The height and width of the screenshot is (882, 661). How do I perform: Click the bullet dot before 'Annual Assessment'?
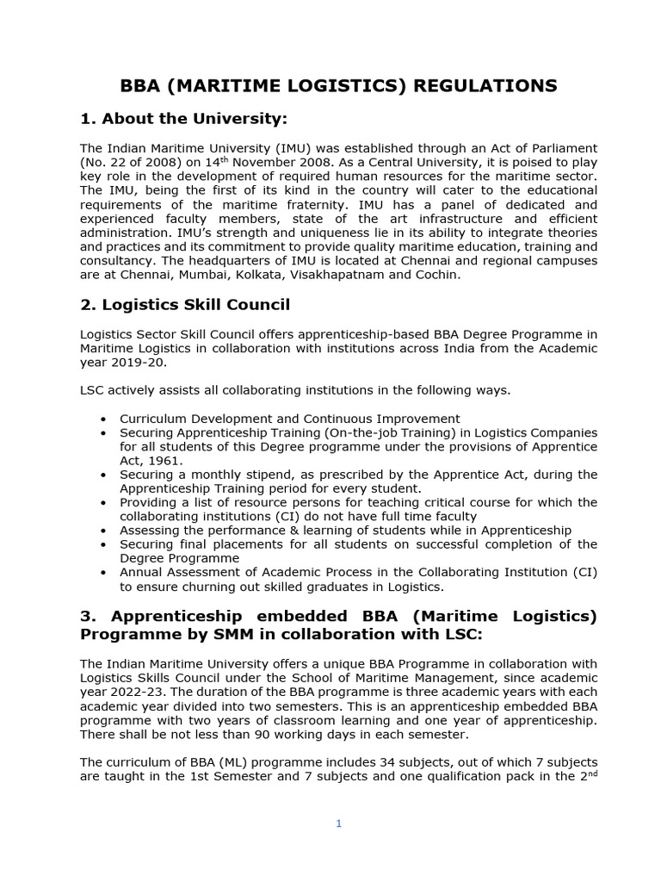[x=104, y=573]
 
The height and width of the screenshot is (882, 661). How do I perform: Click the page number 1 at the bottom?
[x=339, y=823]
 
